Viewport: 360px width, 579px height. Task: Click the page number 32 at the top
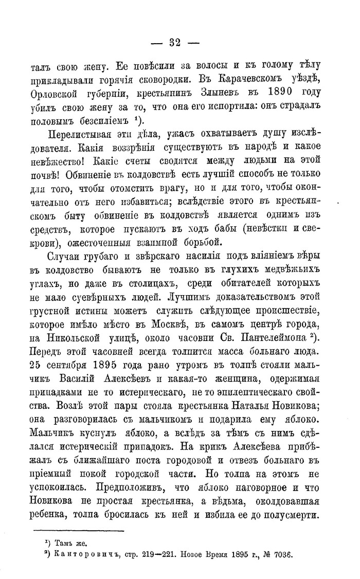click(x=179, y=43)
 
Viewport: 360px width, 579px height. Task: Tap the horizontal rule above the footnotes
click(x=79, y=531)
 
